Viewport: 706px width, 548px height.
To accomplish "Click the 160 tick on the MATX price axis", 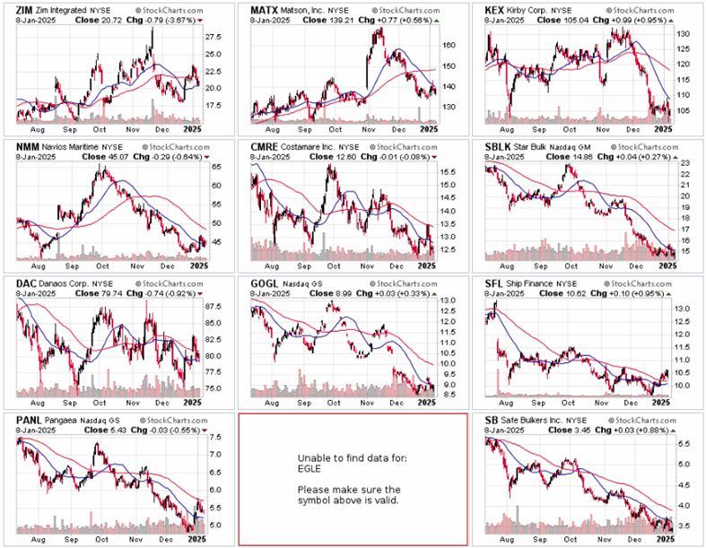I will point(449,45).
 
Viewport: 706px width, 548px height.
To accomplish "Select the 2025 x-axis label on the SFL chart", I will point(661,404).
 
